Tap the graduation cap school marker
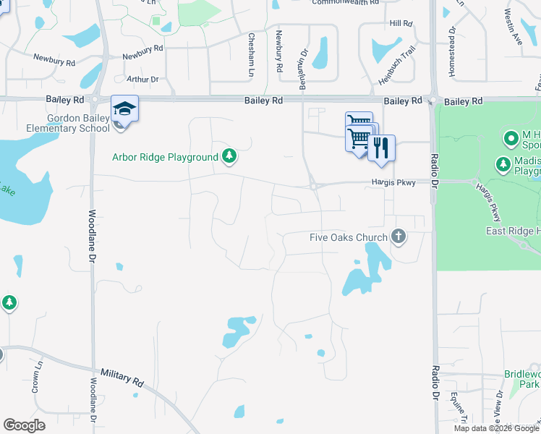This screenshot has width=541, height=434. (x=124, y=109)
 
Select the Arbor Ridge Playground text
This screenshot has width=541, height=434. (x=165, y=157)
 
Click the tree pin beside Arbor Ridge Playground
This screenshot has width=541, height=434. (x=229, y=156)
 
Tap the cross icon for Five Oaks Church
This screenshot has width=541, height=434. (x=398, y=236)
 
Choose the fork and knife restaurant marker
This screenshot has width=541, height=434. (x=381, y=148)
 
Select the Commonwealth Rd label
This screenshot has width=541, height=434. (x=346, y=3)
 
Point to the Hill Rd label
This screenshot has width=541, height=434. (x=401, y=24)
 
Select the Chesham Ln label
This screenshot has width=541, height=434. (x=252, y=54)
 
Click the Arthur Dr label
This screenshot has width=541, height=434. (x=142, y=79)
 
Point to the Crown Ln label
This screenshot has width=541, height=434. (x=34, y=380)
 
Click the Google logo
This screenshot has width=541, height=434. (x=24, y=425)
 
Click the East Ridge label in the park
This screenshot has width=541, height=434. (x=513, y=231)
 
